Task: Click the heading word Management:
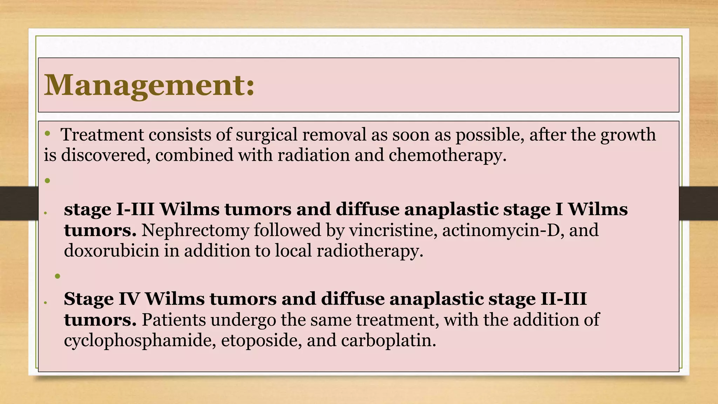149,85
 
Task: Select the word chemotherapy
447,155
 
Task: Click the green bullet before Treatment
48,134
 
